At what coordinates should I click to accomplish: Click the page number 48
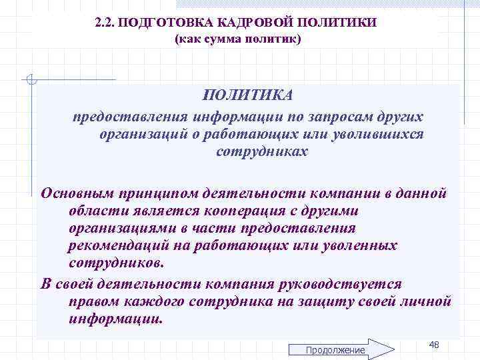[x=434, y=344]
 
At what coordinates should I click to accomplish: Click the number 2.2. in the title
[x=107, y=23]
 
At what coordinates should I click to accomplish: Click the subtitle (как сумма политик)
[x=238, y=40]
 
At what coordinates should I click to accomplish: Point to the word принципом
[x=154, y=193]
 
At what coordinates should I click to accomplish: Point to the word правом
[x=91, y=301]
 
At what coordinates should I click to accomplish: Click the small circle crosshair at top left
[x=30, y=81]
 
